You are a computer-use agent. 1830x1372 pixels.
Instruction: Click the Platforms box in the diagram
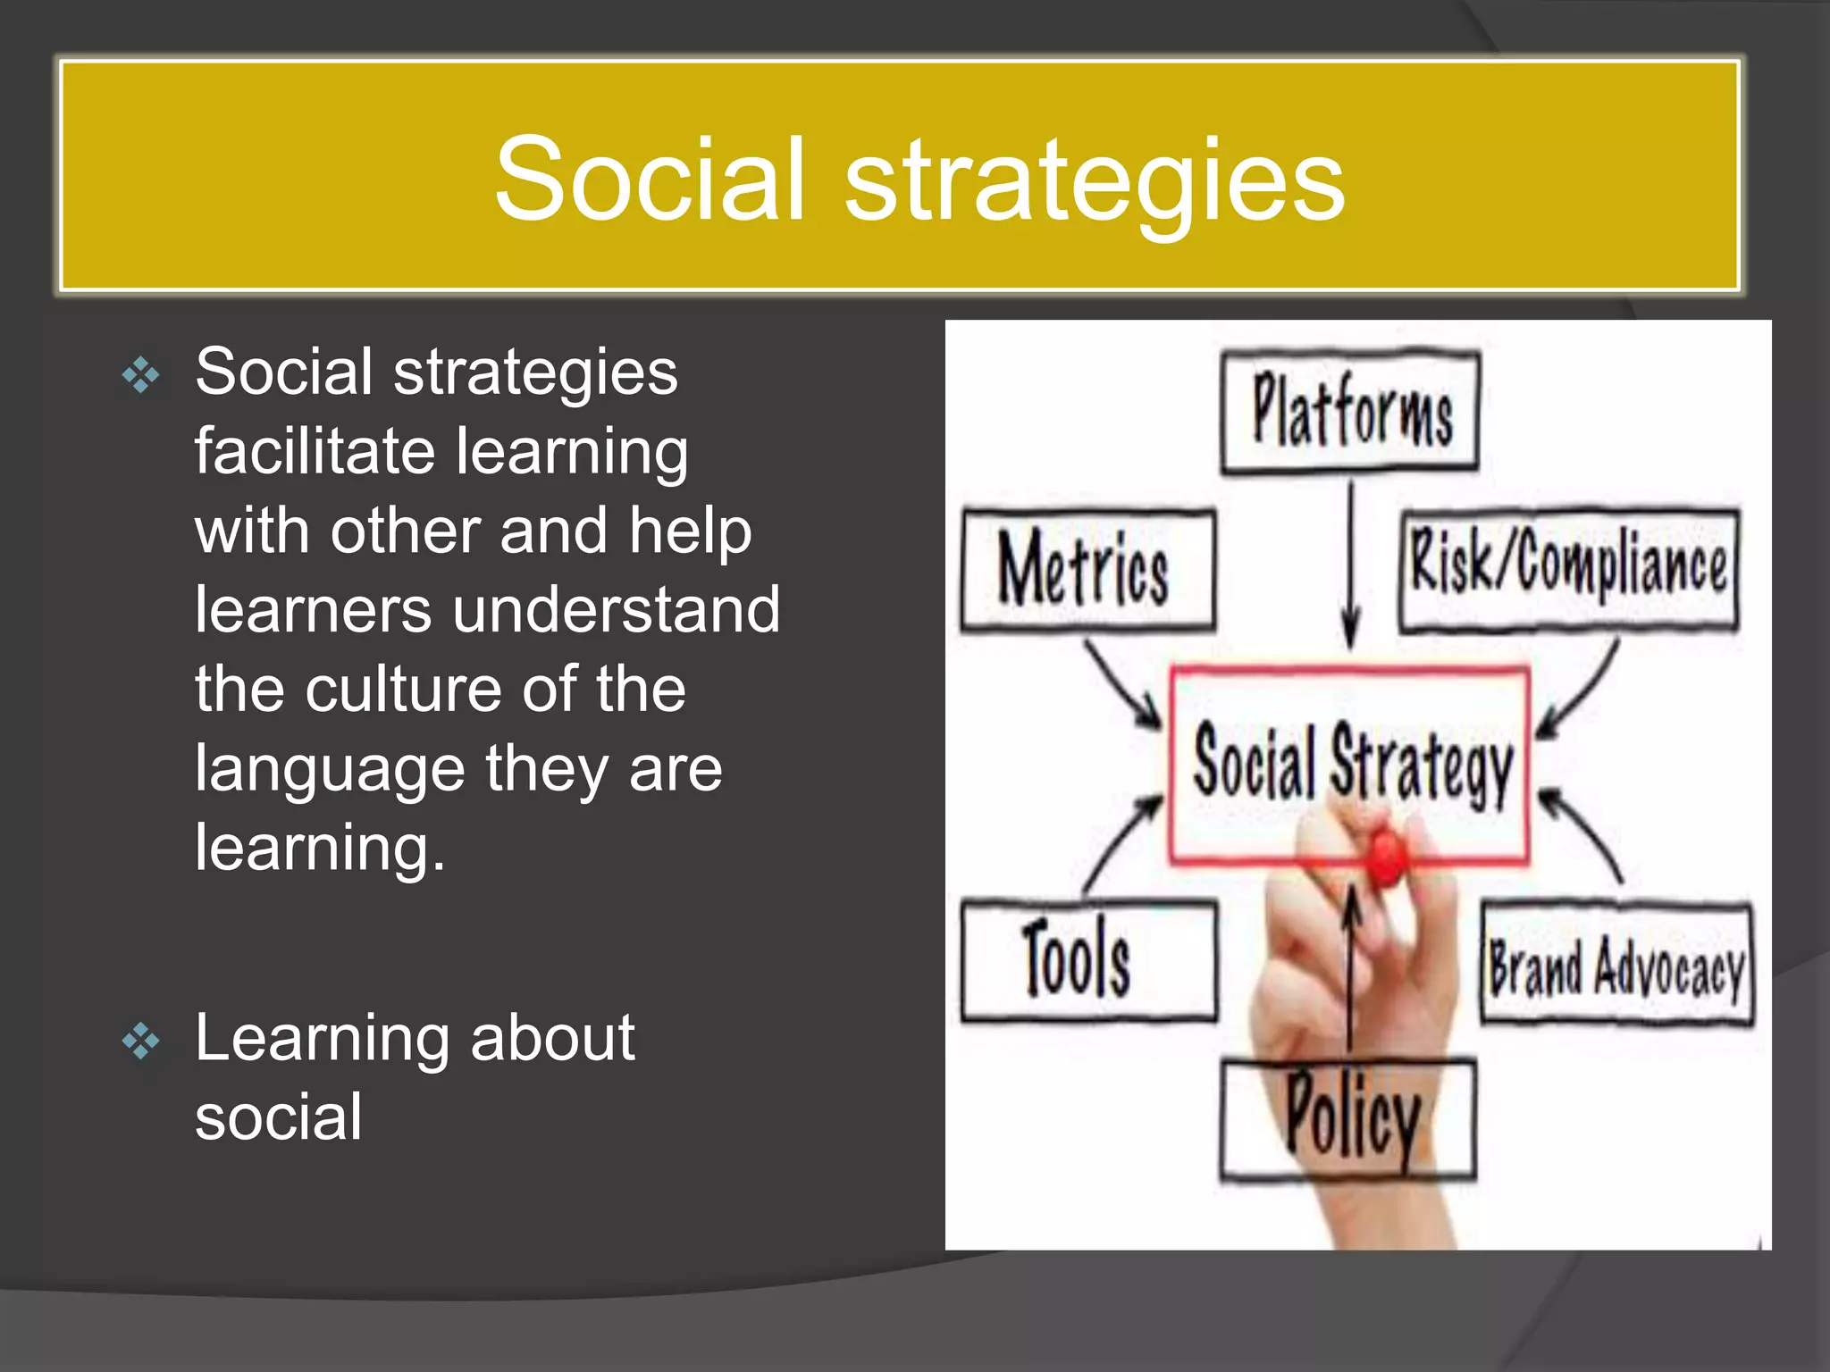(1350, 412)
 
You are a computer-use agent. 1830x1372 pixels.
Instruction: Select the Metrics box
(1087, 570)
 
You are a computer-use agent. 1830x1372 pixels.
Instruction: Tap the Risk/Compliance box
(1569, 569)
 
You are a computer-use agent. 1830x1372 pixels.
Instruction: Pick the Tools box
(1087, 961)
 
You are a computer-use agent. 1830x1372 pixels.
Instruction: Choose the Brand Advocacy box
(1616, 965)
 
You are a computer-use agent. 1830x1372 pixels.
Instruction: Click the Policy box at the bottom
(1348, 1118)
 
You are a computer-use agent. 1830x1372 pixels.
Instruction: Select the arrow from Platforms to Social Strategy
(1351, 563)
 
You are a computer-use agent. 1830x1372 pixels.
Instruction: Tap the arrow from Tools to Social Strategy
(1121, 843)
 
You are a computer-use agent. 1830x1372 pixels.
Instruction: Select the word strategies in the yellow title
(1094, 179)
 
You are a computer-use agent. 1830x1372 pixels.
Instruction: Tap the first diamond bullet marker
(141, 374)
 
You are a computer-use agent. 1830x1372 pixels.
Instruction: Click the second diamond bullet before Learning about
(141, 1041)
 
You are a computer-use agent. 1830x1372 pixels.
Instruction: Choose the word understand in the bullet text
(616, 609)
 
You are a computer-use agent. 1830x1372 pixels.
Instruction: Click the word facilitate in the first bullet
(314, 451)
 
